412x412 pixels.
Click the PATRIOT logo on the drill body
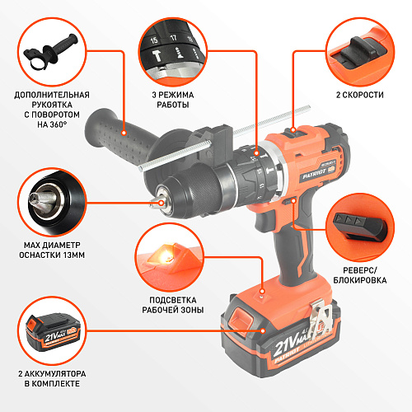point(314,174)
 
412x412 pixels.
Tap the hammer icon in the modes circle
point(157,56)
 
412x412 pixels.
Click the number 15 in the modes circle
point(154,40)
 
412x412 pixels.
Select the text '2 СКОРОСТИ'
point(360,95)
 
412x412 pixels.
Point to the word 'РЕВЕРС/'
point(360,270)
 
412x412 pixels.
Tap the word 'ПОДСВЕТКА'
point(173,300)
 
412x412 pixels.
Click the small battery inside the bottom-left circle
point(53,332)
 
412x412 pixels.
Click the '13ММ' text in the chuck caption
point(74,255)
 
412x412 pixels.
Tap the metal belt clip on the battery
point(320,319)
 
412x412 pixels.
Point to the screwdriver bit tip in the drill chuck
point(155,204)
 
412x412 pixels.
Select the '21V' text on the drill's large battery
point(285,346)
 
